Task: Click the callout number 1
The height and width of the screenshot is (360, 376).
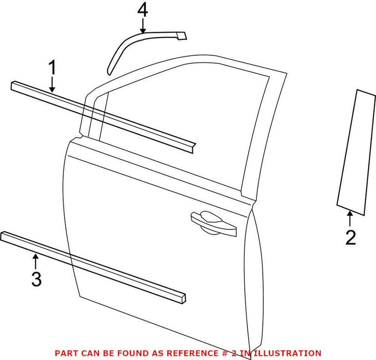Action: tap(53, 69)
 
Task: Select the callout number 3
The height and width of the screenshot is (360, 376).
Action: tap(36, 279)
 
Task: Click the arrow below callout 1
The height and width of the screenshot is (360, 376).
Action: tap(53, 85)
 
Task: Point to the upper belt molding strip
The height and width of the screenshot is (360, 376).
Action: tap(103, 115)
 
